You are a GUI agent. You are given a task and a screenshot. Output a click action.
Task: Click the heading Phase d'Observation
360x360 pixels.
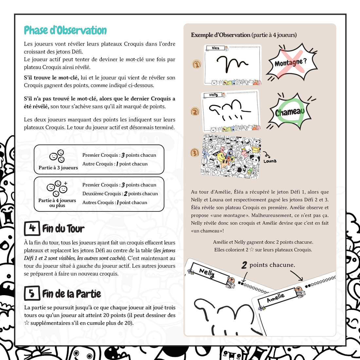point(65,30)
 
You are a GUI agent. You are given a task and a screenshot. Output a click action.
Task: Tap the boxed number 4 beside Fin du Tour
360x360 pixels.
point(32,228)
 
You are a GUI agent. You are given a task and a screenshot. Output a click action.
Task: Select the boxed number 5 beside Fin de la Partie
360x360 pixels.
point(32,293)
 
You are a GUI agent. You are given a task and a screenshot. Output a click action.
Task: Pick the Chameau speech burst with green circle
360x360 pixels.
point(290,111)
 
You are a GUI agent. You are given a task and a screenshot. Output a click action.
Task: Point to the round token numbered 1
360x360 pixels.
point(197,64)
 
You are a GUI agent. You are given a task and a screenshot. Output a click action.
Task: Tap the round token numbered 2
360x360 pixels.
point(195,112)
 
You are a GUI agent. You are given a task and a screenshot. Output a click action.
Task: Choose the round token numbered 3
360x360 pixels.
point(195,153)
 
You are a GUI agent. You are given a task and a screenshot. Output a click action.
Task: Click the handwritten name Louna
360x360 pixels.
point(270,161)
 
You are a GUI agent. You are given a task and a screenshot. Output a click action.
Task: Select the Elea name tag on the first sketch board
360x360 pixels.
point(215,48)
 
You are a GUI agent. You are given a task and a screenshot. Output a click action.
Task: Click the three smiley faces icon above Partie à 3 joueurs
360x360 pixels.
point(57,156)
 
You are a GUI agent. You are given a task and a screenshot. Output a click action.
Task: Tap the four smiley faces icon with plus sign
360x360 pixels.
point(57,188)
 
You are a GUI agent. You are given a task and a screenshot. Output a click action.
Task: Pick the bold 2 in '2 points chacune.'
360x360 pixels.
point(244,265)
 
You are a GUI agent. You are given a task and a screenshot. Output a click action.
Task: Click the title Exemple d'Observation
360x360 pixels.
point(221,35)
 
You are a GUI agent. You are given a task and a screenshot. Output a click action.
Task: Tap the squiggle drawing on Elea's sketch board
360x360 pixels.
point(232,63)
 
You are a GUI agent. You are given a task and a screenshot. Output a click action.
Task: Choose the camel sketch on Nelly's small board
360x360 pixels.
point(229,110)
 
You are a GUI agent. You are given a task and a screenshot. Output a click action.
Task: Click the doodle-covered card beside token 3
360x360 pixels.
point(231,156)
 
